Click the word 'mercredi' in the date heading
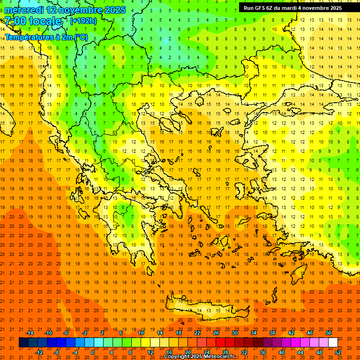click(24, 10)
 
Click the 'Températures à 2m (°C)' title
click(46, 37)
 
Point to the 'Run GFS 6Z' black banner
click(292, 8)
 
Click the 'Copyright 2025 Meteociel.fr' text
click(199, 357)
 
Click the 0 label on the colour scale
click(93, 352)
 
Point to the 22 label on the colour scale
click(197, 333)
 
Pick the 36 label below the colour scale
click(263, 352)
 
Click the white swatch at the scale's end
click(333, 343)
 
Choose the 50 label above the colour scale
click(329, 333)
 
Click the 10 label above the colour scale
click(141, 333)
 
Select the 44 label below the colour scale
click(300, 352)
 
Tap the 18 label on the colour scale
click(179, 333)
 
